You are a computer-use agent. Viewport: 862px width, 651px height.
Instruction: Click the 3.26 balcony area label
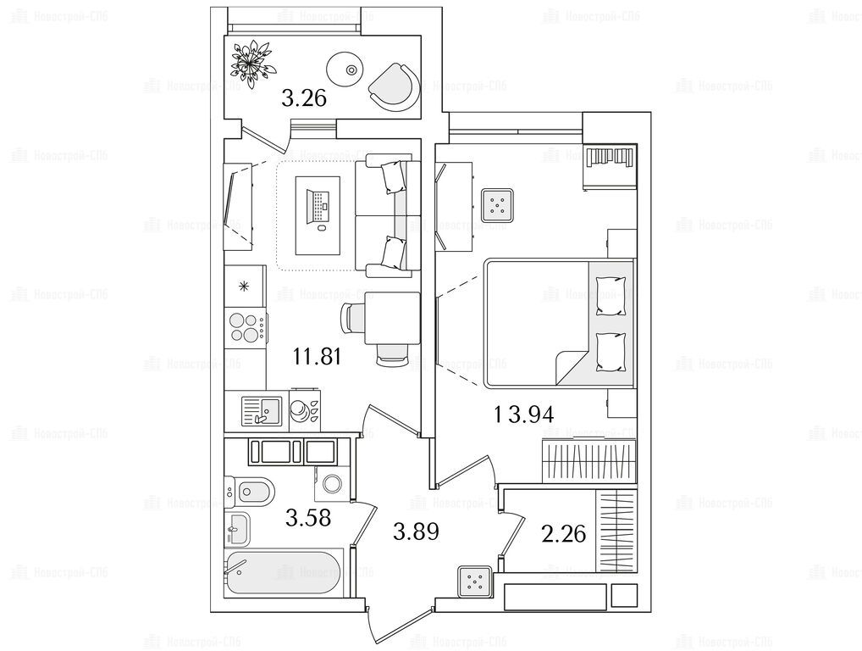click(x=304, y=98)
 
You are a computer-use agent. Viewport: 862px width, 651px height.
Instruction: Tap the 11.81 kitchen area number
click(x=318, y=357)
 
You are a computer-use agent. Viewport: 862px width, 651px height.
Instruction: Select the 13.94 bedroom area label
click(x=524, y=414)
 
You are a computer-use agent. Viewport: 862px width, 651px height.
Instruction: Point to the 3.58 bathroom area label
click(x=308, y=517)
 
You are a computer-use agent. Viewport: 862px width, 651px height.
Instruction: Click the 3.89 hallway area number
click(x=416, y=531)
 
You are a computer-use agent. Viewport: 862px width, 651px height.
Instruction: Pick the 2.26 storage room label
click(x=563, y=534)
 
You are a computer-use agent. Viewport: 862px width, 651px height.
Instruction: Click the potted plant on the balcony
click(x=252, y=63)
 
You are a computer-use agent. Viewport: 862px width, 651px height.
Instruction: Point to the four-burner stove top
click(x=246, y=327)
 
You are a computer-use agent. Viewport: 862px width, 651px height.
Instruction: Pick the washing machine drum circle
click(x=332, y=484)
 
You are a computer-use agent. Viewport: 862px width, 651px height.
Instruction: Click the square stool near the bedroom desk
click(x=497, y=205)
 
